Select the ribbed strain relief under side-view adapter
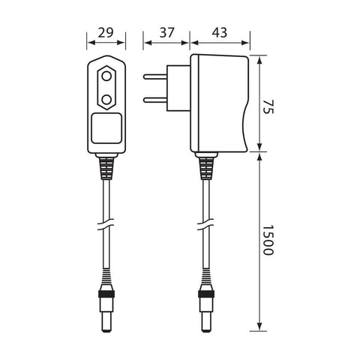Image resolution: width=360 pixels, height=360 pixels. point(205,166)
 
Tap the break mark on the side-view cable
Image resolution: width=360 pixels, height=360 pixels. point(205,224)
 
